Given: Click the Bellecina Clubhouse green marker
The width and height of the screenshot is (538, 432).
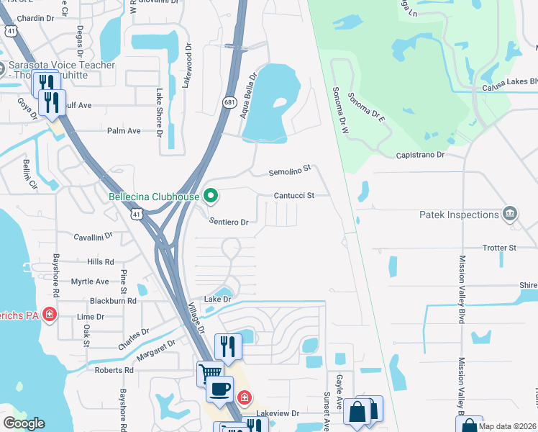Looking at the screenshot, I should [211, 195].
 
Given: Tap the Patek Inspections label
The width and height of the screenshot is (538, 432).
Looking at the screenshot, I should [460, 215].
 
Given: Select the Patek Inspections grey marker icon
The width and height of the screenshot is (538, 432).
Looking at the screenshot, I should [510, 213].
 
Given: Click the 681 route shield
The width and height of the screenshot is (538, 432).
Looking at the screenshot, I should [229, 102].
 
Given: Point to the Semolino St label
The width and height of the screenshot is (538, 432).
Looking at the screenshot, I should [289, 171].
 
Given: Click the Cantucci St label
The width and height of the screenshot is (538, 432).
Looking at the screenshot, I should [294, 195].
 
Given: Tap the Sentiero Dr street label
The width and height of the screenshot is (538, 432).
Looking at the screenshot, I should [229, 222].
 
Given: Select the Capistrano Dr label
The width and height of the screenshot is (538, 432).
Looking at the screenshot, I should [421, 155].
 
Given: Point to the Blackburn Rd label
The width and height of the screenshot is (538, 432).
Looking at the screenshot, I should [113, 301].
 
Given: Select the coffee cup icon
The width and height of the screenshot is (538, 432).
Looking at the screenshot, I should [219, 390].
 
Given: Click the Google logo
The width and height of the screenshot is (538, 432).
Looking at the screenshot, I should [24, 423].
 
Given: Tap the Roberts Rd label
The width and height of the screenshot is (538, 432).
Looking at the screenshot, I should [114, 370].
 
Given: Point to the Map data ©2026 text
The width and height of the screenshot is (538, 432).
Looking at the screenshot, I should [507, 426].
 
